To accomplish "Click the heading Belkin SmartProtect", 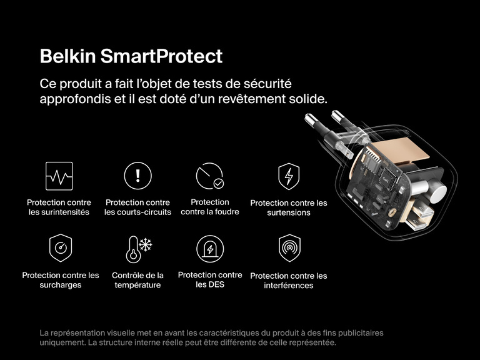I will (x=131, y=56).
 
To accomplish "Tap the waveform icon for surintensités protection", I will (x=59, y=176).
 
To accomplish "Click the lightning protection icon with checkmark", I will (x=209, y=176).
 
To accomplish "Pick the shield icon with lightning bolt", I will (x=288, y=176).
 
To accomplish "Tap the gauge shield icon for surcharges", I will (x=61, y=248).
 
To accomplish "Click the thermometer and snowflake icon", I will (x=137, y=248).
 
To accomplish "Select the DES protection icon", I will (x=209, y=248).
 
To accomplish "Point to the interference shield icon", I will (x=288, y=248).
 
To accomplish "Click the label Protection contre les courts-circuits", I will (x=137, y=207).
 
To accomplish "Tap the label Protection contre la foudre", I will (x=209, y=207).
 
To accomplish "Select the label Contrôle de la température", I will (x=137, y=280).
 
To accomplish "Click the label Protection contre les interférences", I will (x=288, y=281).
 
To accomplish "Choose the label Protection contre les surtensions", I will (x=288, y=207).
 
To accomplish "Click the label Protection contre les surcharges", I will (x=61, y=280).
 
